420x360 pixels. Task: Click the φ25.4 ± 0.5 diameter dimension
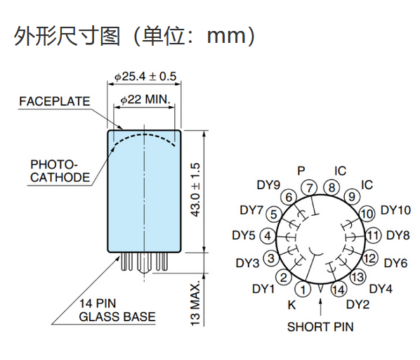click(x=145, y=77)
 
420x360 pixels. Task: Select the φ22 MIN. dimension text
click(x=145, y=99)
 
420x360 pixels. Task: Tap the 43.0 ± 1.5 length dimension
click(x=195, y=190)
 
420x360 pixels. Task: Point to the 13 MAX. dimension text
click(x=195, y=303)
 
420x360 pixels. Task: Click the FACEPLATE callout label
click(x=54, y=101)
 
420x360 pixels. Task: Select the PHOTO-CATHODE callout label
click(x=60, y=171)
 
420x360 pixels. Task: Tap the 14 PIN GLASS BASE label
click(x=117, y=310)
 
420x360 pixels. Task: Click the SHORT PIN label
click(x=320, y=327)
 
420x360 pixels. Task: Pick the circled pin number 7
click(x=309, y=188)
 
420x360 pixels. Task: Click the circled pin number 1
click(x=303, y=290)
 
